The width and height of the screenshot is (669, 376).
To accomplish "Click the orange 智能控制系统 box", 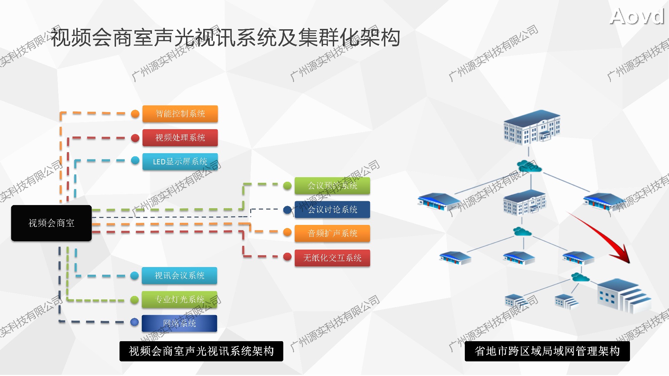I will point(180,114).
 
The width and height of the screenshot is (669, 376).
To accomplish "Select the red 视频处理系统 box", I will point(180,138).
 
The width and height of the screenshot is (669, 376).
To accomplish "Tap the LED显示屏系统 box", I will point(180,162).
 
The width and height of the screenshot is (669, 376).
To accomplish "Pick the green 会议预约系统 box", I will point(332,186).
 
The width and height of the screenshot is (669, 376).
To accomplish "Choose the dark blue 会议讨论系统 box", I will point(332,210).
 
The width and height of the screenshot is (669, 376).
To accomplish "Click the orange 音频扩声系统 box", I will point(332,233).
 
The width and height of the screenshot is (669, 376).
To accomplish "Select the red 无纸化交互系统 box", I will point(332,258).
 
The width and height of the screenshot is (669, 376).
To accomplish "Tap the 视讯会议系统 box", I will point(179,276).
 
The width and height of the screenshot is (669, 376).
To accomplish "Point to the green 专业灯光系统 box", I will point(179,299).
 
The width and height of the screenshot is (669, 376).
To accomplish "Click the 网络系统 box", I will point(179,323).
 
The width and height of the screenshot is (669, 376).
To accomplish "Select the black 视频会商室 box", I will point(51,223).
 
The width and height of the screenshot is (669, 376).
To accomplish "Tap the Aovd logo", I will point(637,16).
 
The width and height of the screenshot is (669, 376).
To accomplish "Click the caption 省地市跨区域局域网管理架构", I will point(547,351).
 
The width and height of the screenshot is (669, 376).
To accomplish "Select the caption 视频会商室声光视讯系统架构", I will point(201,351).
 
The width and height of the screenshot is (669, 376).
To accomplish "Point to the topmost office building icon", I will point(531,127).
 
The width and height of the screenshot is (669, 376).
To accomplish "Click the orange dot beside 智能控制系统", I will point(135,114).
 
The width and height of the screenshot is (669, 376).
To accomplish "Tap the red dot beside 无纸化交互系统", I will point(287,257).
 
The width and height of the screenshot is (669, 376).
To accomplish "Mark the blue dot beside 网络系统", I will point(134,322).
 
